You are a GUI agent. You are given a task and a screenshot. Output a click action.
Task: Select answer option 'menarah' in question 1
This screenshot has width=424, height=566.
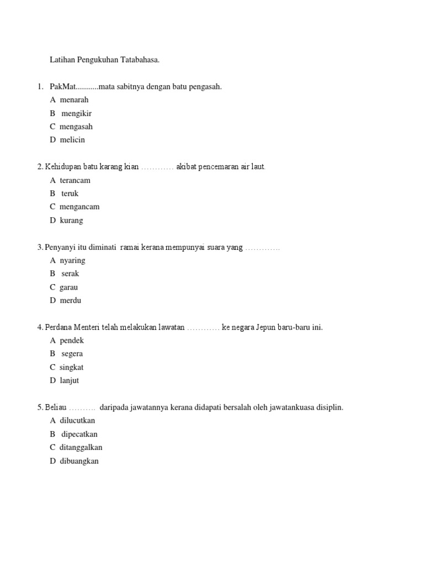pyautogui.click(x=74, y=100)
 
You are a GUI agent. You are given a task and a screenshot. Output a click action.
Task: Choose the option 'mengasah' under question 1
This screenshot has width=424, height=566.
pyautogui.click(x=76, y=127)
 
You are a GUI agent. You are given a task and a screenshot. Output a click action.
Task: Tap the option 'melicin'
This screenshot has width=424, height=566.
pyautogui.click(x=72, y=140)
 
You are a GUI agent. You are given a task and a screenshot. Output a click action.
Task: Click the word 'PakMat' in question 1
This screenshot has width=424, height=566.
pyautogui.click(x=61, y=87)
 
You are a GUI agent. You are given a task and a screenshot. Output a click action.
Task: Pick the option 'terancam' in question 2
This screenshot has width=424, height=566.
pyautogui.click(x=75, y=180)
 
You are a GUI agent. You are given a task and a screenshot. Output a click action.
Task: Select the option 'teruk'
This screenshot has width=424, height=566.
pyautogui.click(x=70, y=193)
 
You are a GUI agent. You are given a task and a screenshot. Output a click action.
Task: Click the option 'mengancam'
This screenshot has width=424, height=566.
pyautogui.click(x=79, y=207)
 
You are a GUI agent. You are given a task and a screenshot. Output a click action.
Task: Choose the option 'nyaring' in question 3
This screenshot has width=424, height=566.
pyautogui.click(x=72, y=260)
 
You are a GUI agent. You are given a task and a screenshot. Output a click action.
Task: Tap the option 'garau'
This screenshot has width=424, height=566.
pyautogui.click(x=69, y=287)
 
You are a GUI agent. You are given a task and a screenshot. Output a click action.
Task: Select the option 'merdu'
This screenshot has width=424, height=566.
pyautogui.click(x=71, y=301)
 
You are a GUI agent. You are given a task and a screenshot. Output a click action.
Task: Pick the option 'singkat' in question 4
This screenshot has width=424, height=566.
pyautogui.click(x=72, y=367)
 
